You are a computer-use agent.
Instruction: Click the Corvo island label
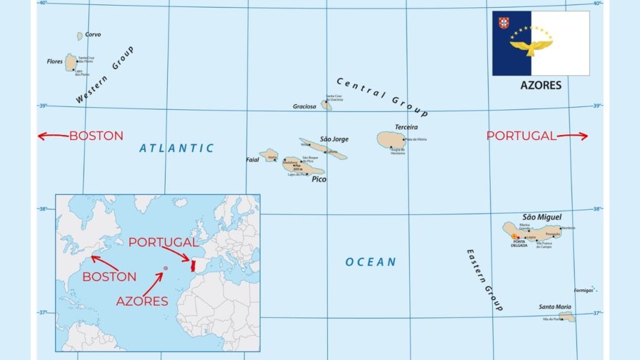(92, 35)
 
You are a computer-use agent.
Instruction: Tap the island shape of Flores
(71, 62)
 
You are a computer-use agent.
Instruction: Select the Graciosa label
(305, 106)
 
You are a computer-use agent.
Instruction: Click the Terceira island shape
(391, 139)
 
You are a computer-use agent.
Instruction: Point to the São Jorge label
(334, 139)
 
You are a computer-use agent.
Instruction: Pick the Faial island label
(252, 159)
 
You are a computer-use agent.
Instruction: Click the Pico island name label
(319, 179)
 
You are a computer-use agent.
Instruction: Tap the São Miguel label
(542, 217)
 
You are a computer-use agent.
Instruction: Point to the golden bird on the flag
(531, 45)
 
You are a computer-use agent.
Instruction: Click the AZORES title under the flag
(541, 85)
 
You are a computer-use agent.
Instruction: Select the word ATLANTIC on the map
(176, 148)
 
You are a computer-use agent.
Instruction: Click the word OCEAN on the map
(371, 262)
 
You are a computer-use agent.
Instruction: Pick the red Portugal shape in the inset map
(194, 263)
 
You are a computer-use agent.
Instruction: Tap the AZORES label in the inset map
(142, 301)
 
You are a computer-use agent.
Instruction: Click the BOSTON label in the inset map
(109, 276)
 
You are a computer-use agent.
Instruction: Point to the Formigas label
(583, 291)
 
